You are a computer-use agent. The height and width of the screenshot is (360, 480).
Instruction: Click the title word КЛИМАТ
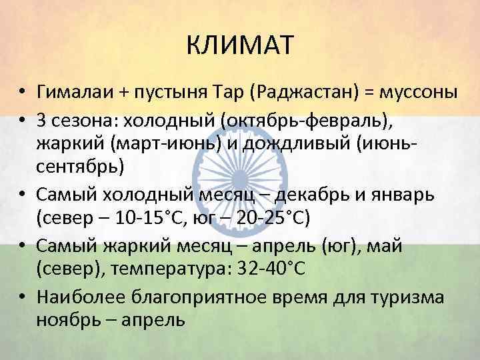(239, 47)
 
